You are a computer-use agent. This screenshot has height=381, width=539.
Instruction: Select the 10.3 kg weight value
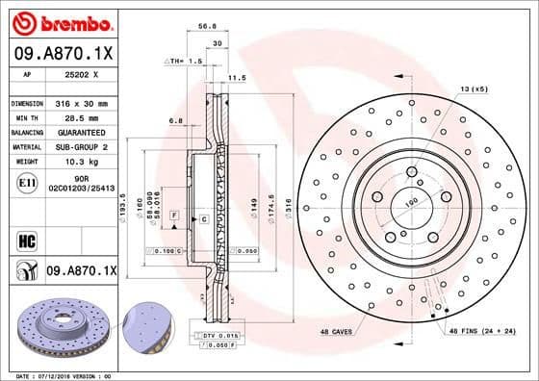(81, 162)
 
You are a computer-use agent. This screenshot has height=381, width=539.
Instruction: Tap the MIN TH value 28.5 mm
(81, 114)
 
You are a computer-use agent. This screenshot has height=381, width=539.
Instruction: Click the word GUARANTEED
(81, 131)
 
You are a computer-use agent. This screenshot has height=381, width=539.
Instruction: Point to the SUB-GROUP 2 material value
(81, 146)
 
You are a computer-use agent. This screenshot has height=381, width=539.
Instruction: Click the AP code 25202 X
(81, 72)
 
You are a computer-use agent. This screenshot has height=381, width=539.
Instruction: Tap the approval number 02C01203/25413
(81, 189)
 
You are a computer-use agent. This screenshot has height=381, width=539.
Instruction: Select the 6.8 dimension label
(175, 120)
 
